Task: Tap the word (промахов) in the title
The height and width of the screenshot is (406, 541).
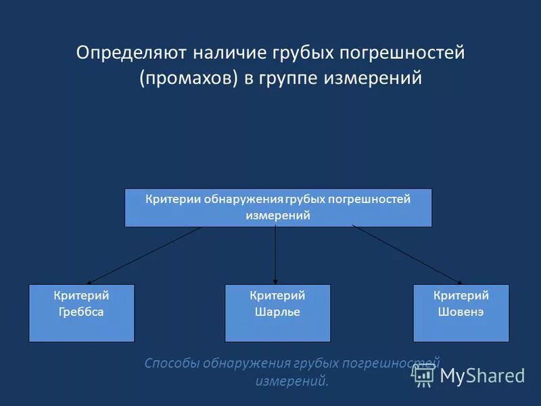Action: (188, 78)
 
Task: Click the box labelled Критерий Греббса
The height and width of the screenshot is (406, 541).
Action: (81, 313)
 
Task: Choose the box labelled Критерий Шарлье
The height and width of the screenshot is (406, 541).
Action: (277, 313)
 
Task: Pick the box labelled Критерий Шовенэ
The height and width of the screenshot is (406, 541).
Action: (461, 313)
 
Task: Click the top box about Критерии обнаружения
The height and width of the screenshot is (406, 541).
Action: (278, 208)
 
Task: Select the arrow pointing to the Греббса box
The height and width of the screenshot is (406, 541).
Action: (145, 255)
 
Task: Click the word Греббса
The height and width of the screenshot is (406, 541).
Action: (81, 312)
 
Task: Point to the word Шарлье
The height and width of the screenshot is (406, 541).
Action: (277, 312)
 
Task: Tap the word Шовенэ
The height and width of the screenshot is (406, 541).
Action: (461, 312)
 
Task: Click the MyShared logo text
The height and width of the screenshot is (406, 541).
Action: (482, 376)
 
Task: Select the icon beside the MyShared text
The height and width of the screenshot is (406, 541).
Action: (424, 374)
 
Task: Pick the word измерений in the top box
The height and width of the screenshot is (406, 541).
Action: (277, 215)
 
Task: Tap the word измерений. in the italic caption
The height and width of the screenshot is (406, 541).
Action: (292, 381)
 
